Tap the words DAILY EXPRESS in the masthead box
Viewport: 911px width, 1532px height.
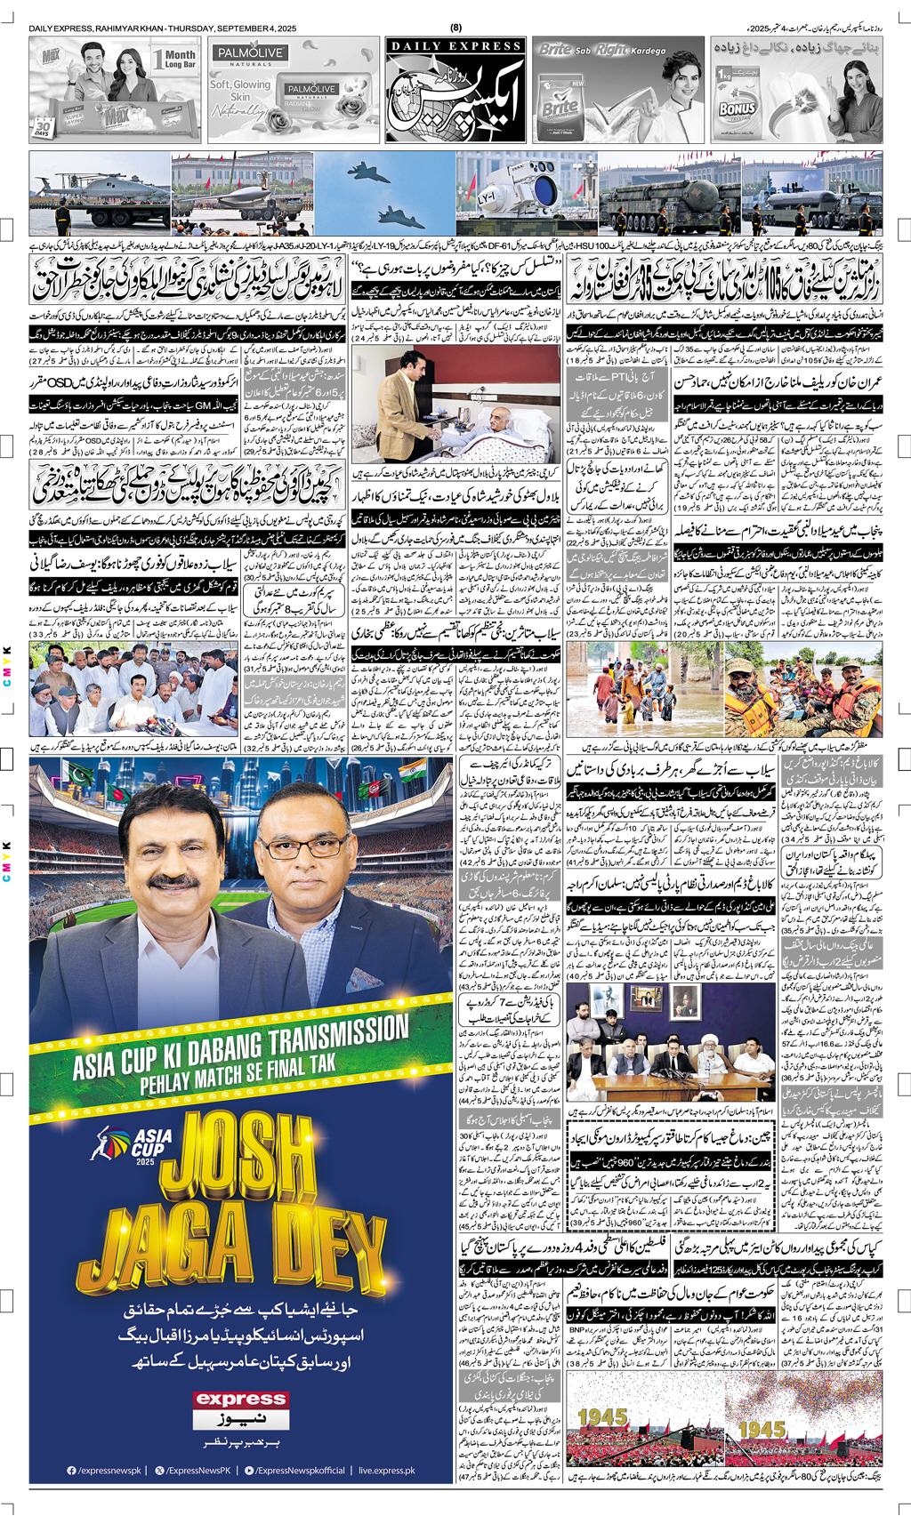[x=455, y=47]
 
